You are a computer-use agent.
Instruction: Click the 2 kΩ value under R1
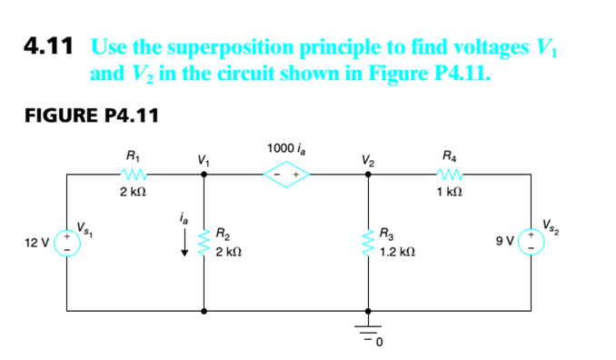pos(134,193)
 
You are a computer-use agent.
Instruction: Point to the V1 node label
pos(203,162)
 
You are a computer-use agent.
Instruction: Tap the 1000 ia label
pos(287,148)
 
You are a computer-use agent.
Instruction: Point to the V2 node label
pos(367,162)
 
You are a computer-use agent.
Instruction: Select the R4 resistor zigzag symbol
pos(450,175)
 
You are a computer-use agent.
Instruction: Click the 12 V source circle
pos(65,243)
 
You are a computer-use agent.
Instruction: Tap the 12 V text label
pos(37,243)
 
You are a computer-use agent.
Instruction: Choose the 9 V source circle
pos(532,243)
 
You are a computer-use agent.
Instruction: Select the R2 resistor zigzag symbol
pos(203,243)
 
